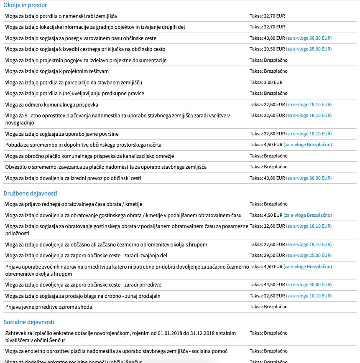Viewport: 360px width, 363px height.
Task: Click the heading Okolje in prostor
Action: pos(25,5)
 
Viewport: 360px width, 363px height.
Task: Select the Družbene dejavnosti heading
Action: pos(30,193)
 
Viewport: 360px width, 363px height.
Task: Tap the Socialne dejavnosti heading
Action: pos(29,322)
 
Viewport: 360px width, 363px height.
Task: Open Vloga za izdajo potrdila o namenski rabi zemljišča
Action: pos(61,16)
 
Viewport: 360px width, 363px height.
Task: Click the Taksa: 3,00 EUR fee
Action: pos(266,82)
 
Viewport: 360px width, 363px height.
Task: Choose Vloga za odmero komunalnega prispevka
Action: pos(52,104)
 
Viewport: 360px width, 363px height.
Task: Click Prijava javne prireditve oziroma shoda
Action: pos(49,307)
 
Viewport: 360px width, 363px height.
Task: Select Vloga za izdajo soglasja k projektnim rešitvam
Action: pos(57,71)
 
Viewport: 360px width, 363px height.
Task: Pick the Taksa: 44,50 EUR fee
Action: pos(267,284)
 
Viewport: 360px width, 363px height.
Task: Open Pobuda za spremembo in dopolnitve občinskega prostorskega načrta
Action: pos(83,145)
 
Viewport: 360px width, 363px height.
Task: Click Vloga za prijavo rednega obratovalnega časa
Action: pos(74,204)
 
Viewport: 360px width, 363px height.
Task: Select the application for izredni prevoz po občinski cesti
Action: pos(73,178)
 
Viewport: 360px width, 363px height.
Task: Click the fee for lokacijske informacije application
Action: pos(267,27)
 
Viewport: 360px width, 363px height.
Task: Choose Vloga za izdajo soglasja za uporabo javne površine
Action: pos(62,134)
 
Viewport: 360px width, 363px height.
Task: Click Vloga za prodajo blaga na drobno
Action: pos(83,296)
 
